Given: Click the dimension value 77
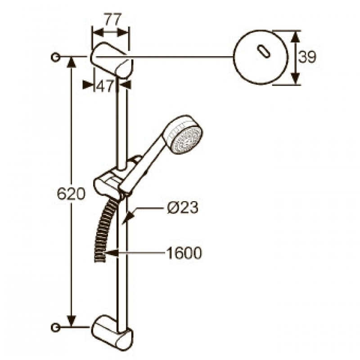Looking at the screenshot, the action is pos(113,20).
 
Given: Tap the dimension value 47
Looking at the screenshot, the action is pos(105,86).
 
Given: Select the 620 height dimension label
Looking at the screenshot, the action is pos(71,193).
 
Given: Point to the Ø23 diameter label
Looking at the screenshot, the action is pos(183,208).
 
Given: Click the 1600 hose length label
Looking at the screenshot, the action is pos(184,253).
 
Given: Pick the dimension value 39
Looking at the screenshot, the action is pos(307,57).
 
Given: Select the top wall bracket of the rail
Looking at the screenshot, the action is pos(112,60).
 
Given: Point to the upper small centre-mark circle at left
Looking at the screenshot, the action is pos(55,57).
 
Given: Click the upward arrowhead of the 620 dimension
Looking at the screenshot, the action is pos(72,62).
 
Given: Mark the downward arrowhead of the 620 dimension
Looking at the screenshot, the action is pos(72,321).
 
